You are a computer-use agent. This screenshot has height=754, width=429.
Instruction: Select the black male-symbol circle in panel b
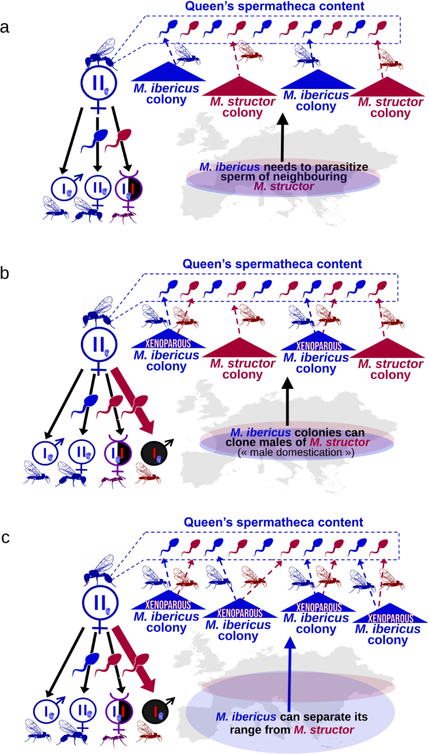tap(154, 447)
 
